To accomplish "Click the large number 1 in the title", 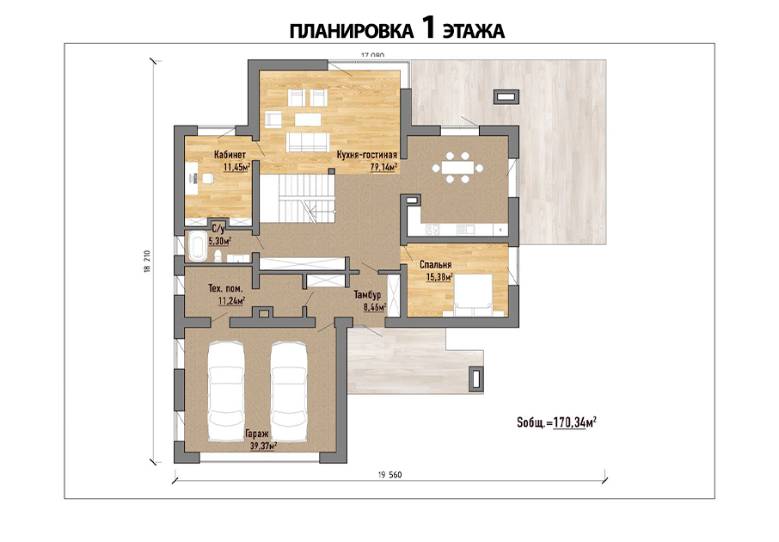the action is click(428, 27).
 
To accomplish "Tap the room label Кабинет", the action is click(230, 155).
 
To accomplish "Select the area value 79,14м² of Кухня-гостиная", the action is click(383, 167).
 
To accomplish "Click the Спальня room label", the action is click(436, 265).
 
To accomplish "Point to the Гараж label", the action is click(257, 434).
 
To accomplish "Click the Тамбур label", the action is click(367, 295).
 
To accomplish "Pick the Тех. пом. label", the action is click(225, 288).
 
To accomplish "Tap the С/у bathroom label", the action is click(218, 229).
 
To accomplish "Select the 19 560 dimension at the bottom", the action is click(389, 475).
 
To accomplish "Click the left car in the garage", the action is click(226, 391).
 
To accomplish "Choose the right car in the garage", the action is click(289, 391).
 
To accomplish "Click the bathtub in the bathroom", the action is click(197, 247).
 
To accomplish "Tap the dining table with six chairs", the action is click(457, 168).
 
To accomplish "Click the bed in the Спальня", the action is click(474, 295).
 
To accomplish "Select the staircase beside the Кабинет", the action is click(298, 199).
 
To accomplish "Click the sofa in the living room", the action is click(307, 142).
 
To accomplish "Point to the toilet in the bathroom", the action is click(218, 256).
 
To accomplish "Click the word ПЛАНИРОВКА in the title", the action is click(352, 31).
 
